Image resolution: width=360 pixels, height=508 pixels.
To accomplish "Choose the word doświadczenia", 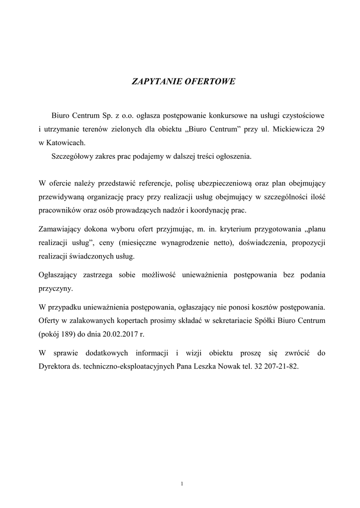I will (265, 243).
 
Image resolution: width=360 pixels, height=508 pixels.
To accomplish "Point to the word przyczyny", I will (55, 288).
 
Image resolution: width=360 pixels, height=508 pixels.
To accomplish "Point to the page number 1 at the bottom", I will (182, 484).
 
